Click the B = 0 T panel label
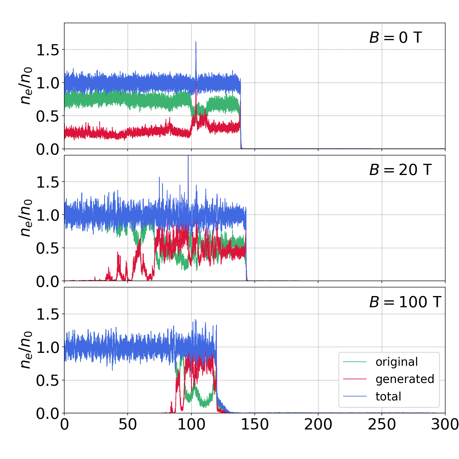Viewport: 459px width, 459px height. [x=395, y=38]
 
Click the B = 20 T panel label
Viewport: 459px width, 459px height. [x=400, y=170]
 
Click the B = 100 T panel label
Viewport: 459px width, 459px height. [x=405, y=302]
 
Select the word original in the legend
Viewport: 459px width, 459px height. [x=397, y=362]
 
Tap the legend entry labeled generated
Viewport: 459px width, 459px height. [x=405, y=379]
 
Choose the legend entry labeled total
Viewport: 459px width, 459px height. [x=388, y=396]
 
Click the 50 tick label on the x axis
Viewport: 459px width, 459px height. [x=128, y=425]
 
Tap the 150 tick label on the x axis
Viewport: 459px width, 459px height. [x=255, y=425]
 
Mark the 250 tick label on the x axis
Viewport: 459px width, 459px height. [x=382, y=425]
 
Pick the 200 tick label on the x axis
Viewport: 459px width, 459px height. [x=318, y=425]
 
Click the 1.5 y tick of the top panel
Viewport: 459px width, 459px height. [x=47, y=50]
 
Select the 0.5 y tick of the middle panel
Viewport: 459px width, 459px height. [x=47, y=248]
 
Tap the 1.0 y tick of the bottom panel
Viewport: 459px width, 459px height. [x=47, y=347]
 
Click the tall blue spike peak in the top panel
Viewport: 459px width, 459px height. [x=196, y=42]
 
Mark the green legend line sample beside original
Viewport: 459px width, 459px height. [x=355, y=362]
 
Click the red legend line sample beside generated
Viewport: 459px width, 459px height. [x=355, y=379]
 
